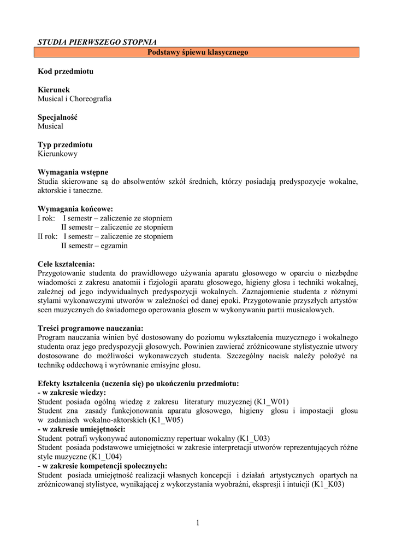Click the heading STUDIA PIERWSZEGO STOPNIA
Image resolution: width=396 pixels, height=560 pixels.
pos(97,42)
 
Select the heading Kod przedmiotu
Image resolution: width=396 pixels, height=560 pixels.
pos(66,72)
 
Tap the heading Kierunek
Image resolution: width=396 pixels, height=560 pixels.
pos(54,90)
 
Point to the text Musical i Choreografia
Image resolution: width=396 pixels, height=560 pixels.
pos(74,99)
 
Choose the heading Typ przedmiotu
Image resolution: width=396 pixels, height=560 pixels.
pos(65,145)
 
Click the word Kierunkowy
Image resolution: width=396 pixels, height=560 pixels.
pos(57,154)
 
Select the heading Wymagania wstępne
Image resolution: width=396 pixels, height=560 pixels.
pos(73,172)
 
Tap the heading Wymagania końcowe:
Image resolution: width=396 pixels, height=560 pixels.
pos(75,209)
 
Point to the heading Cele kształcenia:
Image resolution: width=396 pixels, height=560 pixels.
pos(66,264)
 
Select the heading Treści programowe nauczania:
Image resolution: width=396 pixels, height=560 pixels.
pos(90,328)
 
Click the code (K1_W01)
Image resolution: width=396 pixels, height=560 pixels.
pos(271,402)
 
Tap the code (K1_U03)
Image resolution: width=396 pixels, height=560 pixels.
pos(253,439)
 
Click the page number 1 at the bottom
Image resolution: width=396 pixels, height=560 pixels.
pos(198,523)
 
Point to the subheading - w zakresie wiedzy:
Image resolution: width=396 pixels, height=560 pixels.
pos(72,393)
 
